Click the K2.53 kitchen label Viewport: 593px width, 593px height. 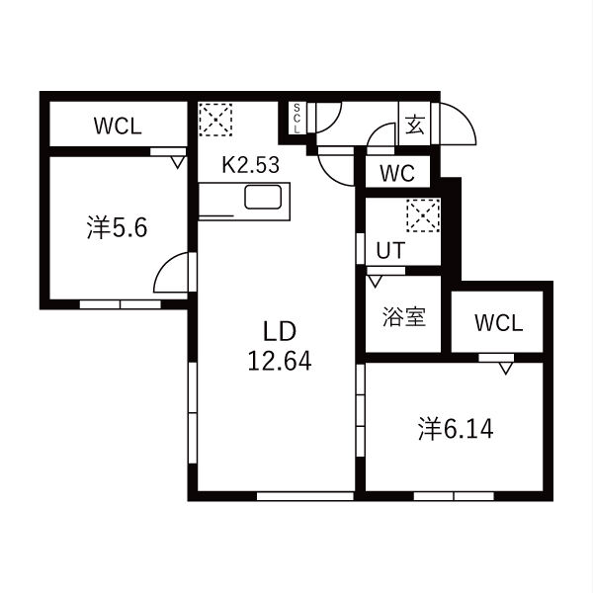[251, 165]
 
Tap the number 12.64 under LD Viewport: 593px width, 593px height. [280, 361]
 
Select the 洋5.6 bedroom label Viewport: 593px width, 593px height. [117, 227]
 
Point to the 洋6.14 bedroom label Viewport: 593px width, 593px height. [456, 429]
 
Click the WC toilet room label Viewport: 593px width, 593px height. [397, 173]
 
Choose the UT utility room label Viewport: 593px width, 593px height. [390, 250]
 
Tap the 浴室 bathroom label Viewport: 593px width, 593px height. [404, 317]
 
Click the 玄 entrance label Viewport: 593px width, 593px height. [415, 125]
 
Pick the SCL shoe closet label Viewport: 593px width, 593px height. [296, 118]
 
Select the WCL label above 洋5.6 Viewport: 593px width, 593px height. [118, 126]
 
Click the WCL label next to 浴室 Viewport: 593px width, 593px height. [499, 323]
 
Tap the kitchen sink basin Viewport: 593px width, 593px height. [263, 197]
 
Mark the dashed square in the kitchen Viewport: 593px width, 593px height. [215, 120]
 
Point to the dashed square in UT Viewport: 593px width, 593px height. [423, 215]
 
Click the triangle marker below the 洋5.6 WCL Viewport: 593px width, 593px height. [177, 163]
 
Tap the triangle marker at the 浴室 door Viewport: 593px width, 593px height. [376, 282]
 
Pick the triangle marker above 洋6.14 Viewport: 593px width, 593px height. [506, 369]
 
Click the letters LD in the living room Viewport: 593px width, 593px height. [280, 331]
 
